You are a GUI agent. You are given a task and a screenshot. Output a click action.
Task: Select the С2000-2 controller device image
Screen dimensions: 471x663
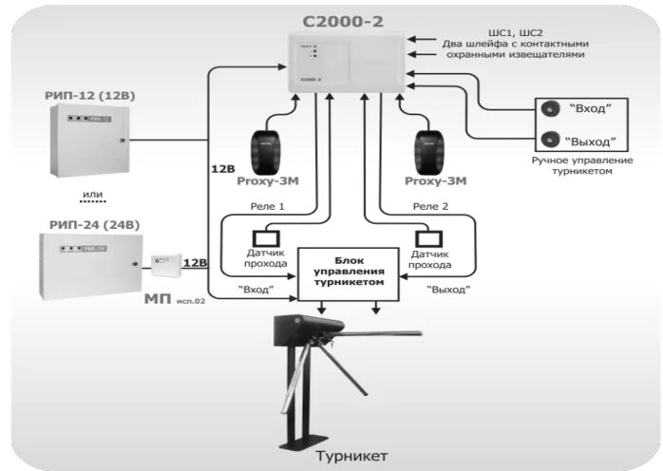[346, 63]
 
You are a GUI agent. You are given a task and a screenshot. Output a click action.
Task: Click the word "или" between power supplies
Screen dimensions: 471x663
[92, 196]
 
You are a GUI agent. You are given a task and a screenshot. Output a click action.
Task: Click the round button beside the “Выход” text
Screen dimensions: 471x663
[548, 139]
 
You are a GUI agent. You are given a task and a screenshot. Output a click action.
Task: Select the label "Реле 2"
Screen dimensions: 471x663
[429, 206]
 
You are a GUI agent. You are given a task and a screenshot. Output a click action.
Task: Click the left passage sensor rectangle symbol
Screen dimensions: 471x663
[265, 237]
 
